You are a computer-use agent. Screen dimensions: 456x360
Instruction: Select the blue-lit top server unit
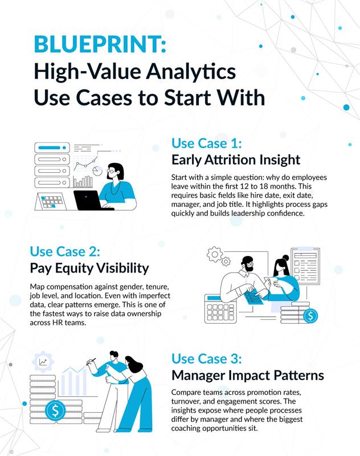tap(52, 146)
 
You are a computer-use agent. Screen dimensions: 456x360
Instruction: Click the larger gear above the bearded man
tap(215, 254)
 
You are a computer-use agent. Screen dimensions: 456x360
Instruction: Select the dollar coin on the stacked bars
tap(55, 410)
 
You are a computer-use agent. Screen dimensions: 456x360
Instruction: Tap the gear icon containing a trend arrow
tap(43, 361)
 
